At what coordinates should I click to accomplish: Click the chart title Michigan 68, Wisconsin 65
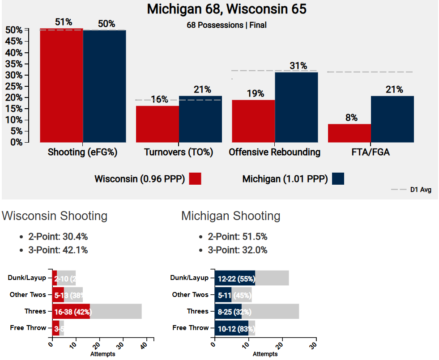tap(226, 9)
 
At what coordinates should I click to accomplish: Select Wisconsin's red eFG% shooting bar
tap(61, 85)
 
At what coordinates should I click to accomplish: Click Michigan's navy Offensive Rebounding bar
tap(296, 107)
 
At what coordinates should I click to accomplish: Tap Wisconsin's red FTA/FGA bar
tap(349, 133)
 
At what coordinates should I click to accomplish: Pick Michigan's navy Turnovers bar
tap(200, 119)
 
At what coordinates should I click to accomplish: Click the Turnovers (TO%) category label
tap(179, 152)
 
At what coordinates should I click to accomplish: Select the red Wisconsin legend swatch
tap(195, 179)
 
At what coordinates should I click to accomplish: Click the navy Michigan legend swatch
tap(338, 179)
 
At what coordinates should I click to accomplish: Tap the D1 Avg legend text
tap(421, 190)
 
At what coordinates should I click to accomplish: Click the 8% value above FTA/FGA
tap(351, 118)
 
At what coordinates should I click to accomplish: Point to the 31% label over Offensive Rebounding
tap(298, 66)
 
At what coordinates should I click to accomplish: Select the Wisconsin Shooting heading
tap(55, 216)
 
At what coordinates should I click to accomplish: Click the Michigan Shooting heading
tap(230, 216)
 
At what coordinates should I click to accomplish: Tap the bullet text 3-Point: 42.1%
tap(58, 250)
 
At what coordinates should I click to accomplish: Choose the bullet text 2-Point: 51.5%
tap(238, 237)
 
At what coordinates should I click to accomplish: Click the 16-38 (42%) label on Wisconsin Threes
tap(72, 311)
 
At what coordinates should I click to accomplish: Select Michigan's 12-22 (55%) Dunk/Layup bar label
tap(236, 278)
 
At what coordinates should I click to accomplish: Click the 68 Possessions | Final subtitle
tap(226, 25)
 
